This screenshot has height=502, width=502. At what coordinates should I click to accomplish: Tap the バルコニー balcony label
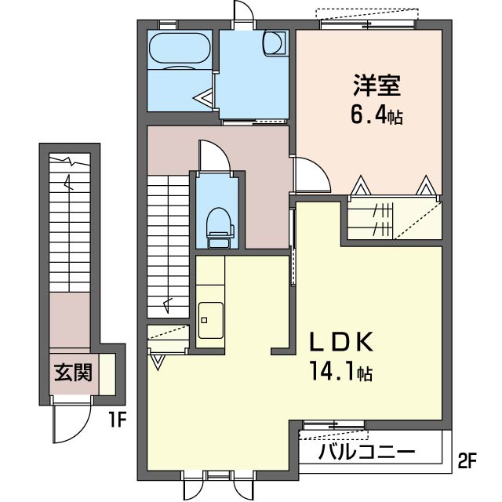pos(367,453)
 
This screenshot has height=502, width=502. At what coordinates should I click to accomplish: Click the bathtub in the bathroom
pos(180,49)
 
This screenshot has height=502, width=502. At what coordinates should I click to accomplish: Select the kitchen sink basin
pos(209,320)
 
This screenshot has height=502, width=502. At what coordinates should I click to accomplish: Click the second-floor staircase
pos(169,243)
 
